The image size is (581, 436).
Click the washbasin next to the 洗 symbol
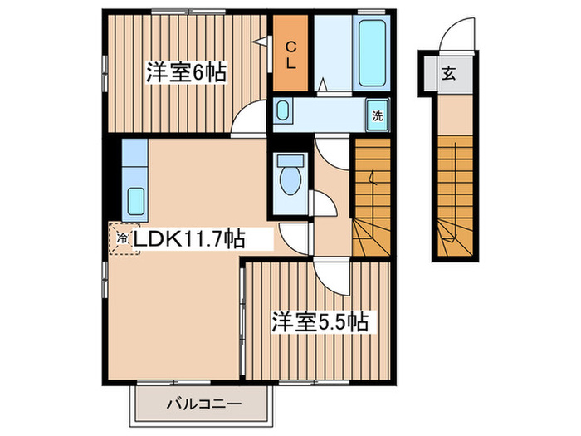pos(284,110)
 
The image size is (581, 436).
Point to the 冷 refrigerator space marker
pos(123,238)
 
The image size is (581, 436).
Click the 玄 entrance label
pos(448,73)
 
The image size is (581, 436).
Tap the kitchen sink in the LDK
pos(134,200)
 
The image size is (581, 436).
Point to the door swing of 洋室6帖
pos(246,122)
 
